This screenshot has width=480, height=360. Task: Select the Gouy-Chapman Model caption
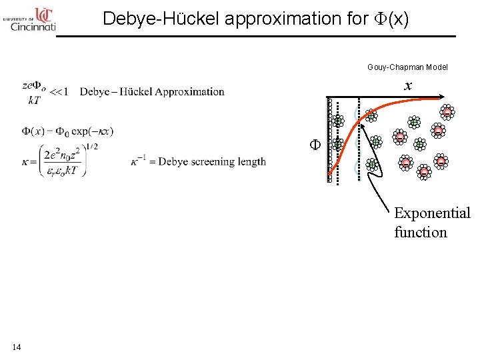407,67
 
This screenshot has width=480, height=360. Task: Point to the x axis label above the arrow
408,85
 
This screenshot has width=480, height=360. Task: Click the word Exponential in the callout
432,213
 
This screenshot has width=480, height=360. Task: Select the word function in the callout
420,232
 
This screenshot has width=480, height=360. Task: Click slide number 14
17,347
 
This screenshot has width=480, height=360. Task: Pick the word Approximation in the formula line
190,91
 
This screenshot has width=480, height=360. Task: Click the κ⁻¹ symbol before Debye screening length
141,161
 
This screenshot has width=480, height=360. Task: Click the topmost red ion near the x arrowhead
447,111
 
